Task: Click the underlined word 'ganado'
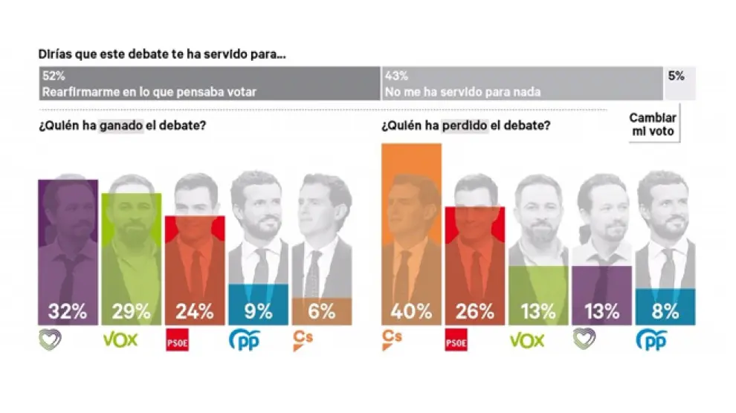(120, 126)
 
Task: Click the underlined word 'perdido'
(465, 126)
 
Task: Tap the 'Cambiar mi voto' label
(653, 124)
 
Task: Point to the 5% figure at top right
(676, 76)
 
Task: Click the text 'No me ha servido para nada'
(462, 92)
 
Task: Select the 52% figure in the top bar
(53, 76)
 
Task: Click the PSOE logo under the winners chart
(175, 342)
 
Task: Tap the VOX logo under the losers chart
(526, 340)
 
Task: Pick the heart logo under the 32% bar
(51, 340)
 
